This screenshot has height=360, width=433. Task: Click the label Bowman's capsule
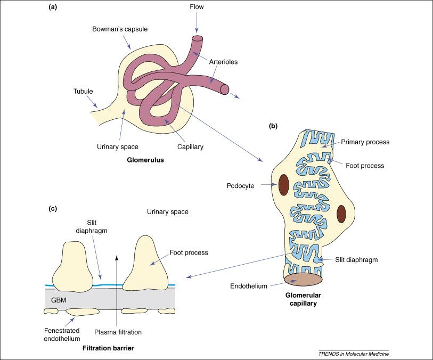(x=120, y=29)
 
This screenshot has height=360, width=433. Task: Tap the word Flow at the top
(x=197, y=7)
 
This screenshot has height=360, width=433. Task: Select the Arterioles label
(x=223, y=62)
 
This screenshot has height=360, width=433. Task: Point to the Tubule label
(x=83, y=92)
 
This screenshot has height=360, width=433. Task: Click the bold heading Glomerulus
(x=145, y=160)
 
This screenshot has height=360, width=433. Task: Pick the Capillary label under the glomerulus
(x=190, y=147)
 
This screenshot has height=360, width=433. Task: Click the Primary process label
(x=365, y=142)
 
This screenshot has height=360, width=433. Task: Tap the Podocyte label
(x=240, y=186)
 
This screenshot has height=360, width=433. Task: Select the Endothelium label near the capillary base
(x=249, y=286)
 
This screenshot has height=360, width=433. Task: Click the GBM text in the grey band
(x=59, y=300)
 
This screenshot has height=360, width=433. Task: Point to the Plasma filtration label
(x=118, y=332)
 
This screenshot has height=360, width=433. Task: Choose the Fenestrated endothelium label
(x=62, y=334)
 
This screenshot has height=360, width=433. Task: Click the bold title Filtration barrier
(x=108, y=348)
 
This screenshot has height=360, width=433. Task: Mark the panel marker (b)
(x=273, y=126)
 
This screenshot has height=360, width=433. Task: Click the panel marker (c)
(x=53, y=208)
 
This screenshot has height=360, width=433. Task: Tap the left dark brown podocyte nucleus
(x=283, y=185)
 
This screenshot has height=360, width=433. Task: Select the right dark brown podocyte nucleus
(x=341, y=214)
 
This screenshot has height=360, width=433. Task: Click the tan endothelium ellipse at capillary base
(x=303, y=280)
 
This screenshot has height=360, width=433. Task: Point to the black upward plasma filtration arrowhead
(x=117, y=258)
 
